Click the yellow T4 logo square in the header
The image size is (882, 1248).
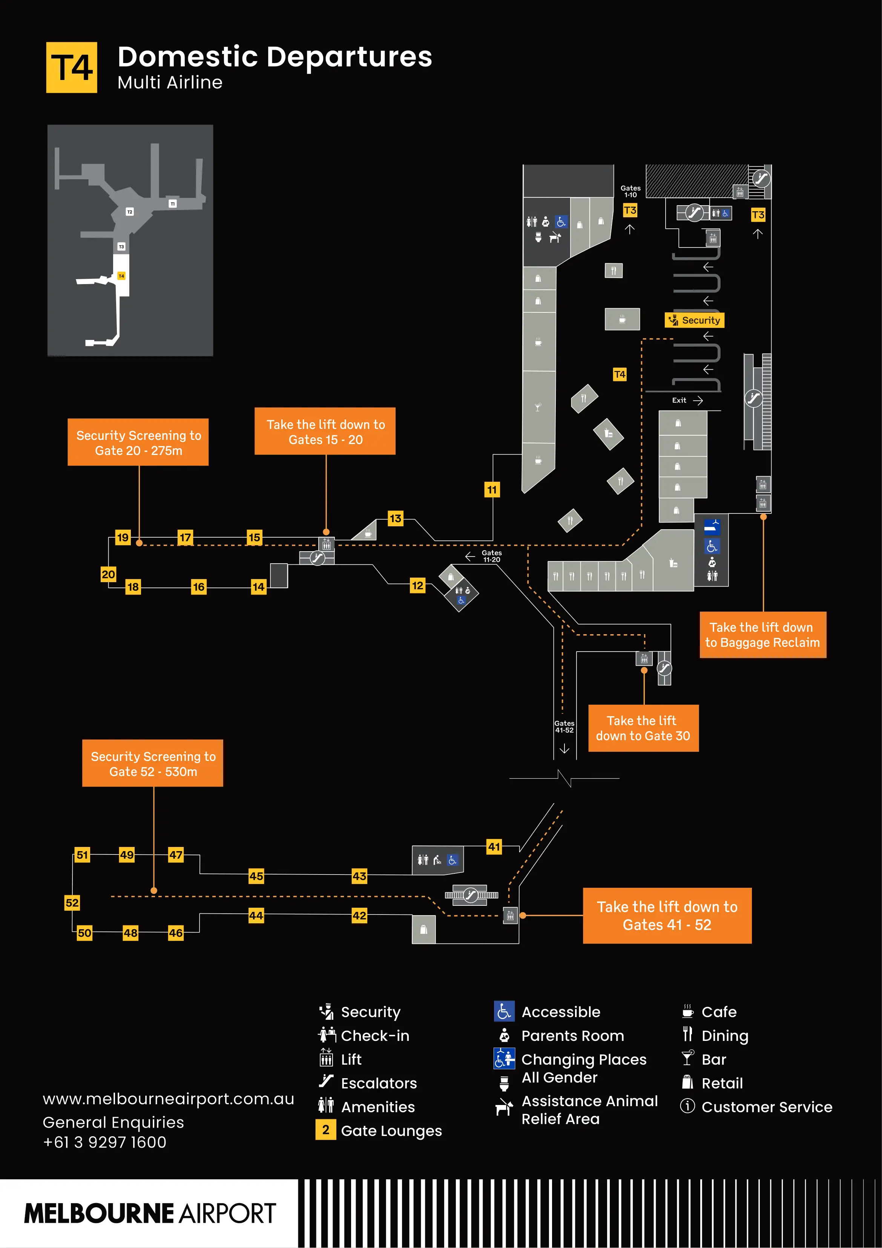pos(71,68)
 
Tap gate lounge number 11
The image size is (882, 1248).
pos(492,489)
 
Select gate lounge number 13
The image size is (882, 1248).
pos(395,518)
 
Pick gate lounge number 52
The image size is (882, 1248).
pos(72,902)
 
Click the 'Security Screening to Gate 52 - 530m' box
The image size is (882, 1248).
pos(153,763)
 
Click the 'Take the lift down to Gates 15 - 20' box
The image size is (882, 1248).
pos(325,432)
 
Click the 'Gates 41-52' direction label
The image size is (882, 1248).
pos(564,727)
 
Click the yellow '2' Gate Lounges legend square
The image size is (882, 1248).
pos(325,1130)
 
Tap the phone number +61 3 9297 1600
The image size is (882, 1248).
pos(104,1142)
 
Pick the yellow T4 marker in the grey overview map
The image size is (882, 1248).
pos(121,276)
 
